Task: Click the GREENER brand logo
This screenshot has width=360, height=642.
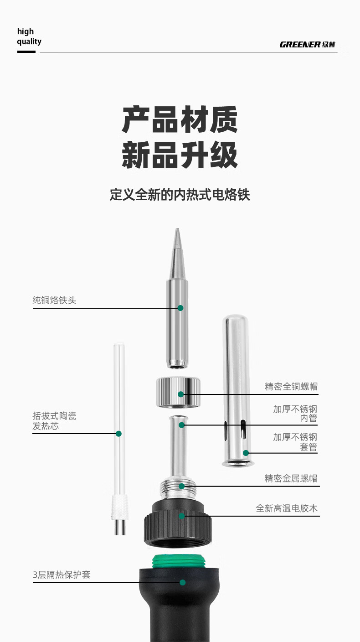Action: pyautogui.click(x=307, y=44)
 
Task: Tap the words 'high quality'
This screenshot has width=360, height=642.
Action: pyautogui.click(x=29, y=36)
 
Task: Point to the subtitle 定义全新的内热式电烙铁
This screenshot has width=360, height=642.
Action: pyautogui.click(x=180, y=195)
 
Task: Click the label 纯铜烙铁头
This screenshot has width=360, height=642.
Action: pyautogui.click(x=54, y=300)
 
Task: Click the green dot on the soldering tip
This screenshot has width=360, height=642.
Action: pyautogui.click(x=180, y=308)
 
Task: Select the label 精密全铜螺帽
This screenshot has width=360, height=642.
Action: pyautogui.click(x=291, y=386)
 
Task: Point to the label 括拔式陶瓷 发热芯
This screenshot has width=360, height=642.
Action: pyautogui.click(x=54, y=421)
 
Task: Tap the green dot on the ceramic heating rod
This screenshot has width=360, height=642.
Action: pyautogui.click(x=118, y=434)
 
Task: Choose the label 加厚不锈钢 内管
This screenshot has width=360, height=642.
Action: pyautogui.click(x=295, y=414)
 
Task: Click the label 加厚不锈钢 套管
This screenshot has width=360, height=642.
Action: pyautogui.click(x=295, y=442)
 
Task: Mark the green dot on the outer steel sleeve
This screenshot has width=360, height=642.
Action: pyautogui.click(x=246, y=453)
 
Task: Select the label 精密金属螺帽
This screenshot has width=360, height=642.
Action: pyautogui.click(x=291, y=478)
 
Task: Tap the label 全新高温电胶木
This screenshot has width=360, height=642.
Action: pyautogui.click(x=287, y=508)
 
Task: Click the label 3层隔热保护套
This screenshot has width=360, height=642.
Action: pyautogui.click(x=62, y=575)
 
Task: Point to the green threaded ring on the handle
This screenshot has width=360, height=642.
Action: pyautogui.click(x=178, y=560)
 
